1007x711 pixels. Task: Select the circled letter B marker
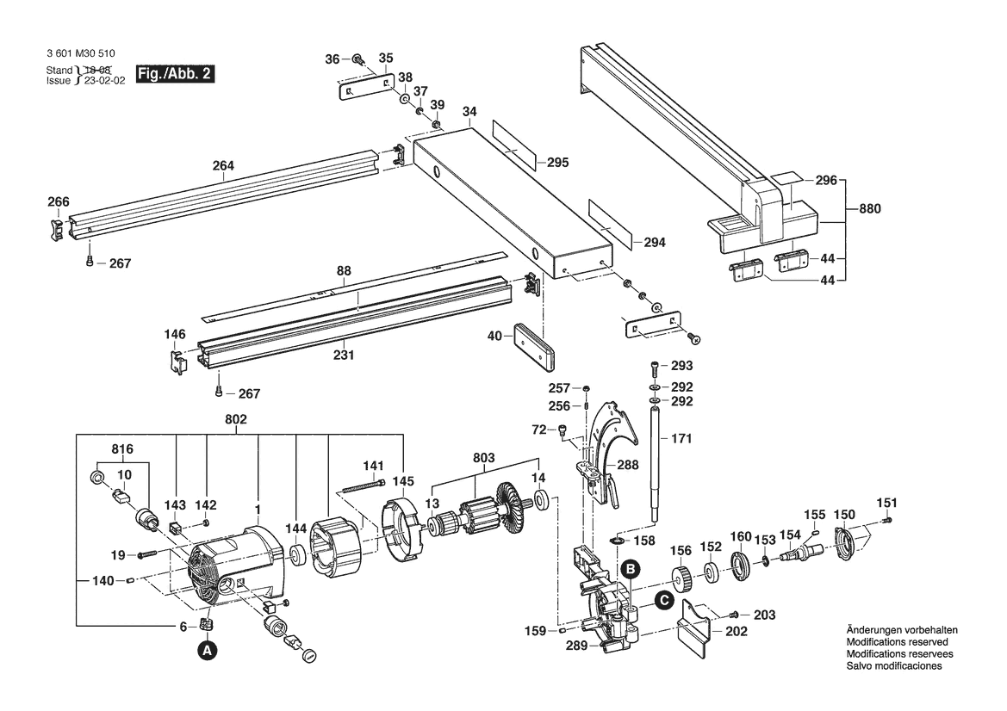click(630, 568)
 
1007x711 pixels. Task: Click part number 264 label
click(223, 166)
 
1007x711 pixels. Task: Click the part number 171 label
click(681, 439)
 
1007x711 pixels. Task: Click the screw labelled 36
click(357, 59)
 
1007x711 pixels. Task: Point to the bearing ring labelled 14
click(543, 499)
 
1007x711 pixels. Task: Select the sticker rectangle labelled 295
click(513, 143)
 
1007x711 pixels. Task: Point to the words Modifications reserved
click(897, 643)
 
